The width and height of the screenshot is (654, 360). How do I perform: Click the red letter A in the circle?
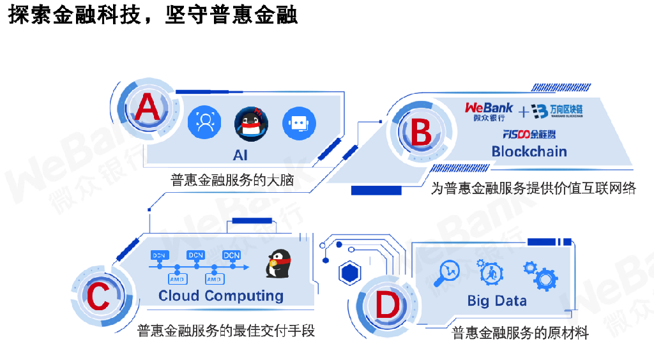click(x=148, y=107)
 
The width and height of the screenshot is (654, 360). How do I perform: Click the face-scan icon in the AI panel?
click(x=204, y=122)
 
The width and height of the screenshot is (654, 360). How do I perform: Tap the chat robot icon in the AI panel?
click(x=299, y=123)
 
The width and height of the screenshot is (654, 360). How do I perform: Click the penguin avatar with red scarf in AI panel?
click(x=251, y=124)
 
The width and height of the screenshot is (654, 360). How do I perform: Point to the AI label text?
click(x=240, y=155)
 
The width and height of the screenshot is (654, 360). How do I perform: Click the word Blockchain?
click(x=529, y=151)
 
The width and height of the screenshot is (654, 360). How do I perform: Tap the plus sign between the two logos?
click(x=524, y=112)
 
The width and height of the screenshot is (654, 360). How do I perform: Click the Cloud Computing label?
click(x=221, y=296)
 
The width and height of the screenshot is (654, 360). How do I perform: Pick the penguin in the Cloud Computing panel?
click(x=278, y=264)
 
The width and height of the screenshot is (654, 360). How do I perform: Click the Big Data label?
click(x=497, y=301)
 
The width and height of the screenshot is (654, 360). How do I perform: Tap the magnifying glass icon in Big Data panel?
click(x=447, y=273)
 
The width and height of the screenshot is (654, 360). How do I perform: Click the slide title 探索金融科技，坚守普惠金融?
click(x=153, y=15)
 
